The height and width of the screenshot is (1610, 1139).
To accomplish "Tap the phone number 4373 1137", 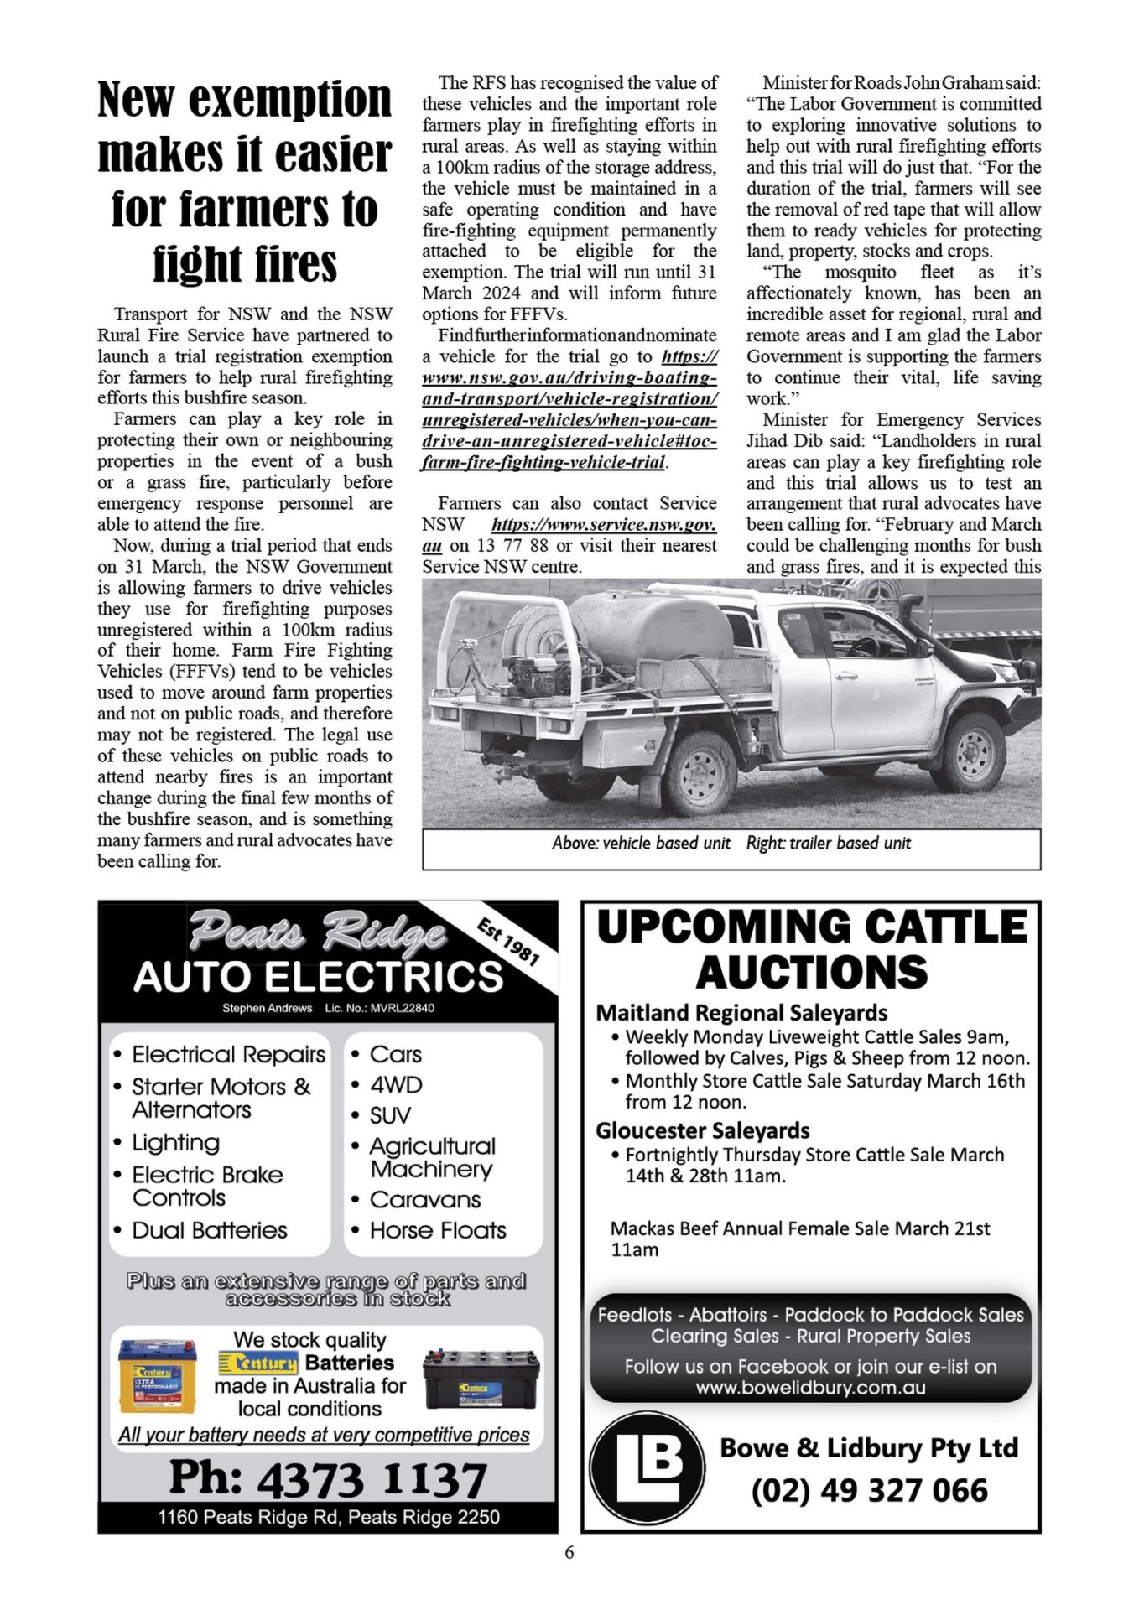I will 328,1478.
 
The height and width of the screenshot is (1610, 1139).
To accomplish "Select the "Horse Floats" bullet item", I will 438,1230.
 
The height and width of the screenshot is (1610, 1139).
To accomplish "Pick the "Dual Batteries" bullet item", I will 210,1230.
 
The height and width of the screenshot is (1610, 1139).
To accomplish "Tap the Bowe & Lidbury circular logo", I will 647,1468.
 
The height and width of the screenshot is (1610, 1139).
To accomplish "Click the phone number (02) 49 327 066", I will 869,1491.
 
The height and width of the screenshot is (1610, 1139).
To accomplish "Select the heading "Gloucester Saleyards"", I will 703,1130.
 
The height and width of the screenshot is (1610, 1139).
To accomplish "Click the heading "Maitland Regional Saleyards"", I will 741,1013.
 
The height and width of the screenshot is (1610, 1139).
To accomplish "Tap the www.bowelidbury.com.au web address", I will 810,1388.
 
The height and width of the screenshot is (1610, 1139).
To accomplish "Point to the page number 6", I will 569,1552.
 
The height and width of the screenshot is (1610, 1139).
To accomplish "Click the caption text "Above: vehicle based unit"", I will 641,844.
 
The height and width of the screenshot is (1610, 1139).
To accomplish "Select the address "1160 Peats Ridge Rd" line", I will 328,1517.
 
